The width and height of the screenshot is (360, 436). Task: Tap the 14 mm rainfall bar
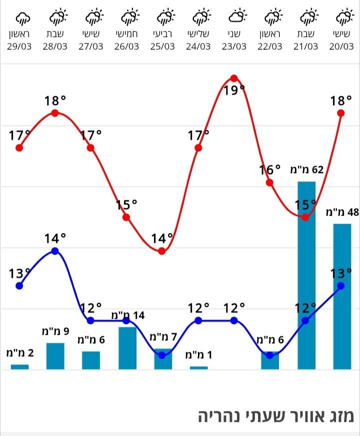click(x=127, y=348)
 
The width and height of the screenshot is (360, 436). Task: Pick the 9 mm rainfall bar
click(x=55, y=356)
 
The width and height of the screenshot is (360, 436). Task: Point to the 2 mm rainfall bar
click(x=19, y=367)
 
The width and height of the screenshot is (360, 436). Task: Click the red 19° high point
click(x=234, y=78)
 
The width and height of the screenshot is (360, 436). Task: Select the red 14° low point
click(x=162, y=251)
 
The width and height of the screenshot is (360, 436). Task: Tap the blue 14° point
click(x=55, y=251)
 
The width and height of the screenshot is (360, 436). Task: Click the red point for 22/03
click(x=270, y=182)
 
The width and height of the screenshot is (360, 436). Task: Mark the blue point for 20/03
click(x=341, y=286)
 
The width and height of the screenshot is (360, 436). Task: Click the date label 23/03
click(x=234, y=47)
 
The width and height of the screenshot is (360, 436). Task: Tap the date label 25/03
click(x=162, y=47)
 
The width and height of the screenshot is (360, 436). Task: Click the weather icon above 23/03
click(x=237, y=17)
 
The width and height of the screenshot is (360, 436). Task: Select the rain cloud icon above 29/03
click(x=22, y=18)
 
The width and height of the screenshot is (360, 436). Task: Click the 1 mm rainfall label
click(x=199, y=355)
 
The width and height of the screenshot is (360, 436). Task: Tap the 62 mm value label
click(x=306, y=169)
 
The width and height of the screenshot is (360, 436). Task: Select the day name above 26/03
click(x=127, y=35)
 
